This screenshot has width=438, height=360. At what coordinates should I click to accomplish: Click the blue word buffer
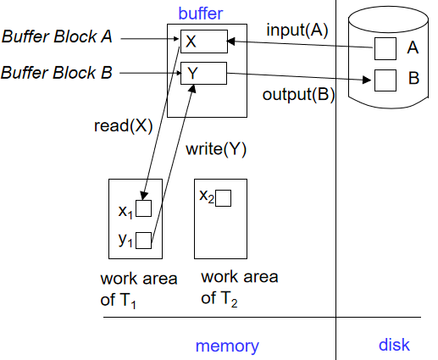tap(201, 14)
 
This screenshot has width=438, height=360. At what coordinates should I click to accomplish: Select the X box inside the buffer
tap(204, 42)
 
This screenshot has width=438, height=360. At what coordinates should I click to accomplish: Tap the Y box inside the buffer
tap(203, 73)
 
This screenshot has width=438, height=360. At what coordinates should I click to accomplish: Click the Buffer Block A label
tap(57, 36)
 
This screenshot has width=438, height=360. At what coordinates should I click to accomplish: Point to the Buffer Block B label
tap(57, 72)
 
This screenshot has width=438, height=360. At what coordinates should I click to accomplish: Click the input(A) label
tap(297, 30)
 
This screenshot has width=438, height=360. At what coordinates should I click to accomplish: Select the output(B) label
tap(298, 94)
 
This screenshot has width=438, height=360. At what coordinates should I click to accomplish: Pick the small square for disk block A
tap(385, 48)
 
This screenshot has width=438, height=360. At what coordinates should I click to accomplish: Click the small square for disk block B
tap(385, 80)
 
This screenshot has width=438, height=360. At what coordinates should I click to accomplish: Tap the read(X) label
tap(123, 125)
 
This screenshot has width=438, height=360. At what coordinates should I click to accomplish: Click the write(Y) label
tap(216, 149)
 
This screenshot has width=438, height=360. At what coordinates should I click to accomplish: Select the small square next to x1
tap(143, 208)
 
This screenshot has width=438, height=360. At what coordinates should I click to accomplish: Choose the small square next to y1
tap(143, 241)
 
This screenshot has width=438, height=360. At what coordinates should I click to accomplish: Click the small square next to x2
tap(223, 198)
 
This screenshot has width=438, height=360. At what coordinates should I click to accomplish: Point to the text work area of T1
tap(139, 290)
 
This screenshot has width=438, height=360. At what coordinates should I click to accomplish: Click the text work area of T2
tap(240, 288)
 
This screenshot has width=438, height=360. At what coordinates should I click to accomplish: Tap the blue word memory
tap(227, 346)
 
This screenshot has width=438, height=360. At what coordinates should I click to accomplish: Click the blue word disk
tap(394, 345)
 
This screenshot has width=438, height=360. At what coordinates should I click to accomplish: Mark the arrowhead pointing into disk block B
tap(367, 80)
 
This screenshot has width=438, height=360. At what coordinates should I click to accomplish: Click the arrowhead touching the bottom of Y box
tap(192, 88)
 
